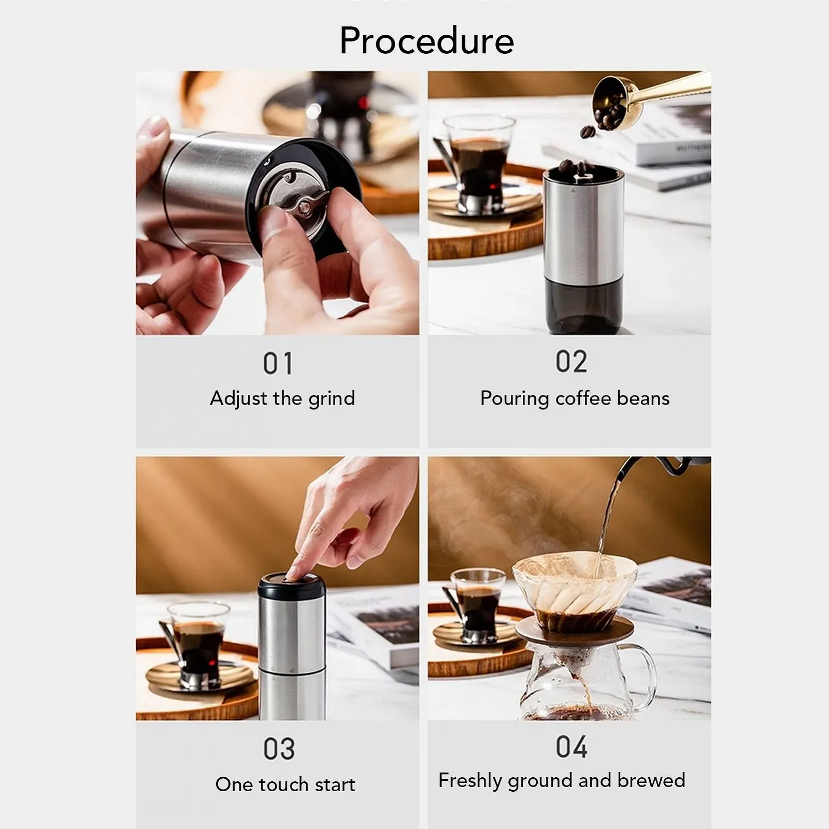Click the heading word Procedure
(x=426, y=40)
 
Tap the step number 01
(x=278, y=363)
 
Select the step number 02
(x=571, y=361)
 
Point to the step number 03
(x=279, y=749)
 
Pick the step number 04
(x=571, y=747)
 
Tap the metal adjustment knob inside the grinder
(x=301, y=205)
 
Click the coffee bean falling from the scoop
(x=587, y=132)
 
